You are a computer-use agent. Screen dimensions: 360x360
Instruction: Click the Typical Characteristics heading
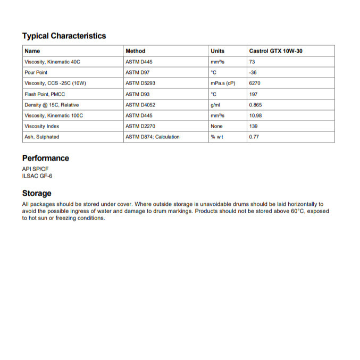tap(64, 36)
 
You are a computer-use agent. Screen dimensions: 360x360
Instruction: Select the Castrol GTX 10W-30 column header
tap(276, 51)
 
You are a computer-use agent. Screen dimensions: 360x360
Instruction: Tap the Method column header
tap(135, 51)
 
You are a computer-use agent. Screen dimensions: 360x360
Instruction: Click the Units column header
tap(217, 51)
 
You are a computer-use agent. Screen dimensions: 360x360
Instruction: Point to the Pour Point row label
tap(36, 72)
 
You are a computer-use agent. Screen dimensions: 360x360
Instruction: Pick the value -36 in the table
tap(253, 72)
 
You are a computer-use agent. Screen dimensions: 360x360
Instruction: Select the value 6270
tap(254, 83)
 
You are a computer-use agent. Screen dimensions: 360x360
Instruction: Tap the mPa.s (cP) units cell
tap(223, 83)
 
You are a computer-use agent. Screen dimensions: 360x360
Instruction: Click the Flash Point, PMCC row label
tap(45, 94)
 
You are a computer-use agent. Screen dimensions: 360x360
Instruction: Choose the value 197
tap(253, 94)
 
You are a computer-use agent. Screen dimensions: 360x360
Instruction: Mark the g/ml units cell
tap(215, 105)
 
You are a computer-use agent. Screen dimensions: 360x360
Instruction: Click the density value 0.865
tap(255, 105)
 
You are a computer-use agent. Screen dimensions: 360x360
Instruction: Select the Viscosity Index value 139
tap(253, 126)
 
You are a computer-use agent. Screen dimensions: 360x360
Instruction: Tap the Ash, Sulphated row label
tap(42, 137)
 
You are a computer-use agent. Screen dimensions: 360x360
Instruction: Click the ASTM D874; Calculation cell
tap(152, 137)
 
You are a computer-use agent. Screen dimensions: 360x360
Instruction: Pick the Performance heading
tap(45, 158)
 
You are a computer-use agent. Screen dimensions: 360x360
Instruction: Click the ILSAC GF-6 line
tap(37, 175)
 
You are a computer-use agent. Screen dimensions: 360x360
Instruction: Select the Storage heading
tap(37, 193)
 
